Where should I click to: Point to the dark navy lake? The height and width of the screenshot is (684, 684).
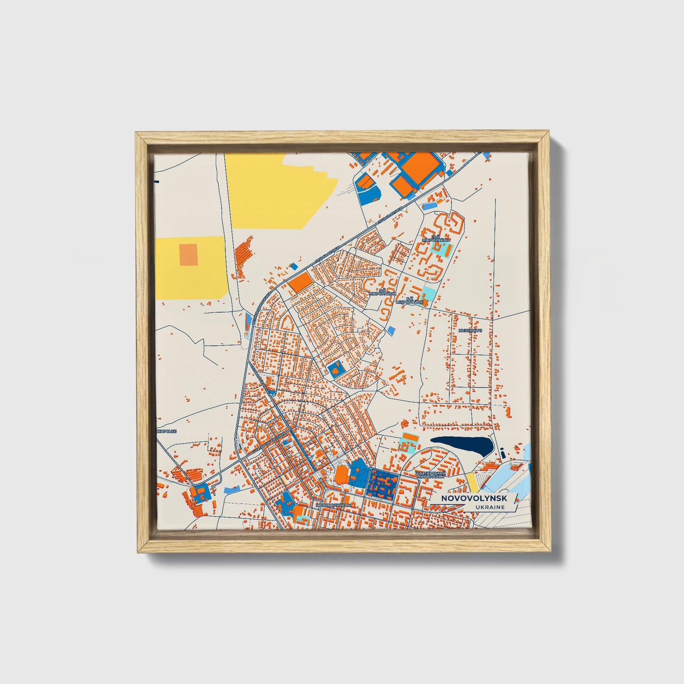[462, 445]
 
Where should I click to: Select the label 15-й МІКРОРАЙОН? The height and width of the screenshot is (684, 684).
[437, 238]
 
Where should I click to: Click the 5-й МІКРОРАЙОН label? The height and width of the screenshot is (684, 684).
[384, 291]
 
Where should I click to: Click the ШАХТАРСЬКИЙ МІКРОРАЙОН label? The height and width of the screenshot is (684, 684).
[429, 474]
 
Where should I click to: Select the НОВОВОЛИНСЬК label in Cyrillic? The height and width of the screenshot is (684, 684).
[334, 505]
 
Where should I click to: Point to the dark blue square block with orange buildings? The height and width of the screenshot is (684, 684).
[384, 483]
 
